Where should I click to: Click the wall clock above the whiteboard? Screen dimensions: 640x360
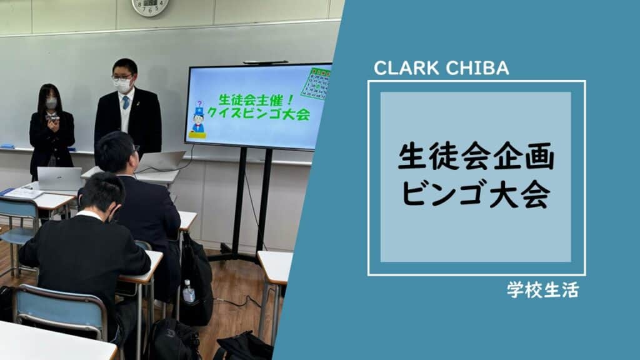(x=150, y=6)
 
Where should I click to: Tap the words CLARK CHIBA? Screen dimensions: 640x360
(x=441, y=68)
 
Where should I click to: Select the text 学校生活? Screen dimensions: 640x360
(x=543, y=290)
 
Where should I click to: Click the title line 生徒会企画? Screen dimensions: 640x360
(x=476, y=156)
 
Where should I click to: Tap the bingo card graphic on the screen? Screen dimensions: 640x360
(x=316, y=84)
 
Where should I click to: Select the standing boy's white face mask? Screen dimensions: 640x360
(x=122, y=85)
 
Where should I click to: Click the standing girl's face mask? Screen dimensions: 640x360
(x=51, y=103)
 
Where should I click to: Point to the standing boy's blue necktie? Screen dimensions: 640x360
(x=126, y=102)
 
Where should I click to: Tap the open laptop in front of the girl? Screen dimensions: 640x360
(x=59, y=178)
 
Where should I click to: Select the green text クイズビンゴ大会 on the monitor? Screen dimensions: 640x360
(x=259, y=113)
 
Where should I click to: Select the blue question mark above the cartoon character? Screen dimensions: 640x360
(x=199, y=104)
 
